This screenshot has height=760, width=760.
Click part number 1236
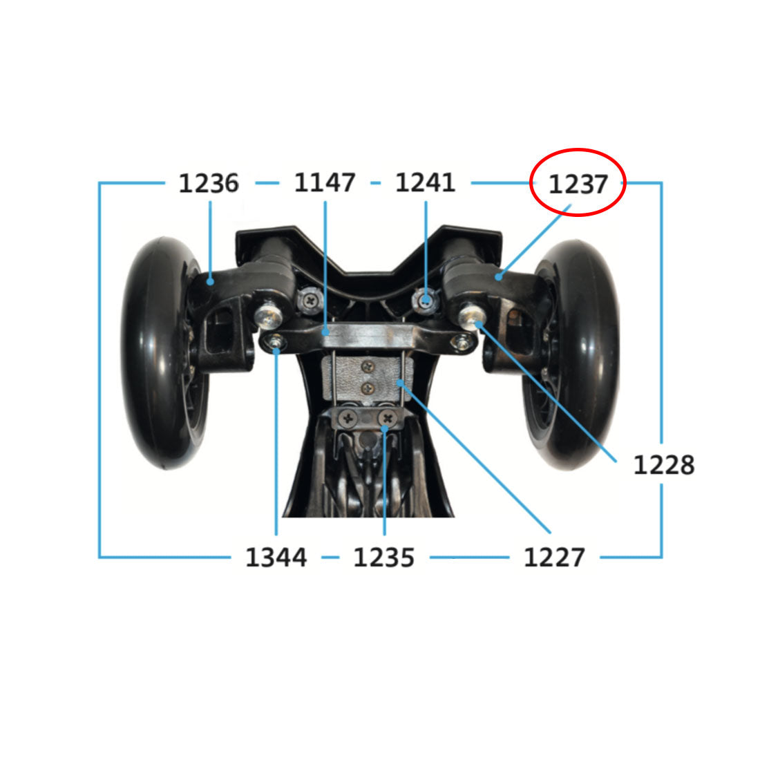[x=209, y=183]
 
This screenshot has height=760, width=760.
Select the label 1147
[x=325, y=182]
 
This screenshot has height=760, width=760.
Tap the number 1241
[x=425, y=182]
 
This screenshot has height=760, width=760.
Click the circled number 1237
[x=578, y=184]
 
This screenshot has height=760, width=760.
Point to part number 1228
[x=663, y=465]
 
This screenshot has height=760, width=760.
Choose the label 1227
[x=554, y=558]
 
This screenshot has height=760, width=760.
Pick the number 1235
[x=383, y=558]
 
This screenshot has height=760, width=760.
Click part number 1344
[x=276, y=558]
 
